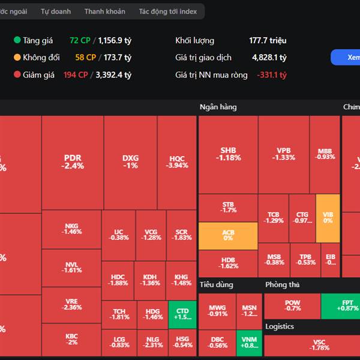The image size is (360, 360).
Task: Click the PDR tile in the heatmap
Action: click(x=73, y=162)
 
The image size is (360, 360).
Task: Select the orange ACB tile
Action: click(x=228, y=235)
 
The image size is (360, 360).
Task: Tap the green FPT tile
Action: click(x=341, y=305)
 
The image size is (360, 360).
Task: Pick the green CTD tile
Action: click(x=182, y=314)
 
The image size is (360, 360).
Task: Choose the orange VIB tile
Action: click(x=328, y=217)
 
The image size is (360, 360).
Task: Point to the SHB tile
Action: click(x=228, y=154)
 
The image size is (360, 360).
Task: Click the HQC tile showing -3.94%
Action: click(x=177, y=162)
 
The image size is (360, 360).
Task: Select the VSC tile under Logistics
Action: click(x=319, y=345)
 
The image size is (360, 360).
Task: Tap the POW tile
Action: click(x=292, y=305)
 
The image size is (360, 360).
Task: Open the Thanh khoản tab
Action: click(x=105, y=11)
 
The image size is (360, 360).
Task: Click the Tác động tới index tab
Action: click(x=167, y=11)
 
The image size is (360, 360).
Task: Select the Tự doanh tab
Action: click(x=56, y=11)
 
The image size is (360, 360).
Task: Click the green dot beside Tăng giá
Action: click(x=17, y=40)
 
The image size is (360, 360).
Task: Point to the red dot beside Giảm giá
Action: click(x=17, y=75)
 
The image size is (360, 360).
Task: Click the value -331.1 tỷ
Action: click(x=272, y=75)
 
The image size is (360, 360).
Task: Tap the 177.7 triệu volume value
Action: click(x=268, y=40)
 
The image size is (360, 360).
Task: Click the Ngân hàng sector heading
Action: click(x=218, y=107)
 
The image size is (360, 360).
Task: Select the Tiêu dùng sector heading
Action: click(x=216, y=284)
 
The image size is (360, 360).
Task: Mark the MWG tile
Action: click(x=218, y=310)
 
